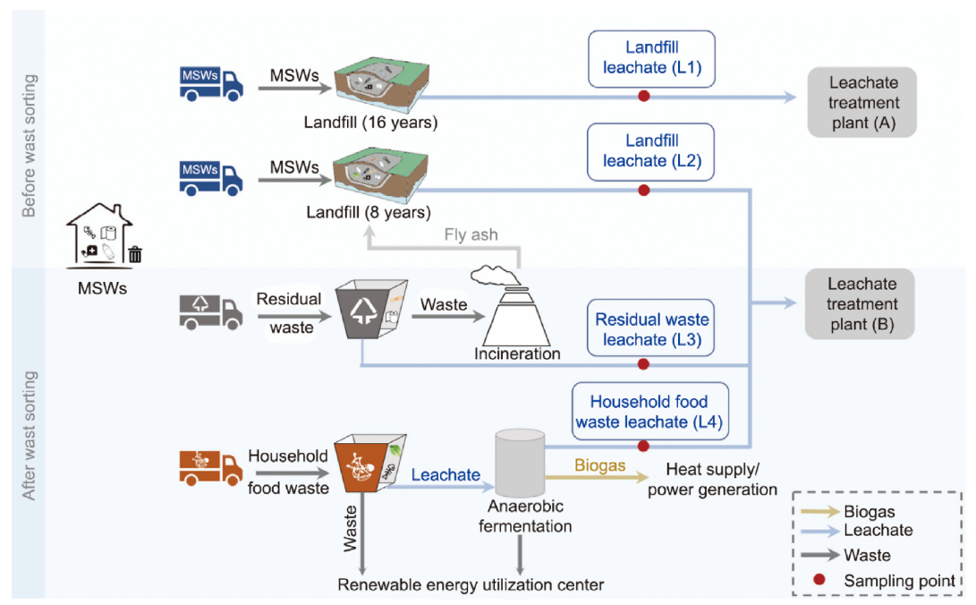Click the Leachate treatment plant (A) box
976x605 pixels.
[861, 102]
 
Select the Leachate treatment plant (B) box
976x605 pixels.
[861, 304]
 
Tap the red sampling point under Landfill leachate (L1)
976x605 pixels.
[642, 97]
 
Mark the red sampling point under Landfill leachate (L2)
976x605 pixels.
[642, 190]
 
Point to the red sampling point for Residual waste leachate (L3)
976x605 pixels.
[642, 364]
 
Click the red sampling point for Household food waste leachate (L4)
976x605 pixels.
[642, 446]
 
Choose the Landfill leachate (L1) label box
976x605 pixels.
[651, 59]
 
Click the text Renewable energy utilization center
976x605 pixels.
[471, 585]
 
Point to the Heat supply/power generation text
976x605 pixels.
[712, 480]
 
